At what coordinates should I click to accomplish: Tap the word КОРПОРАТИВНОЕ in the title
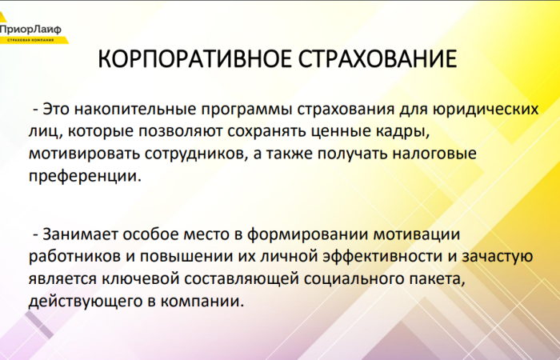coord(193,62)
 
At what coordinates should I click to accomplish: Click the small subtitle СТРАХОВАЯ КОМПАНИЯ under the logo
coord(30,39)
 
